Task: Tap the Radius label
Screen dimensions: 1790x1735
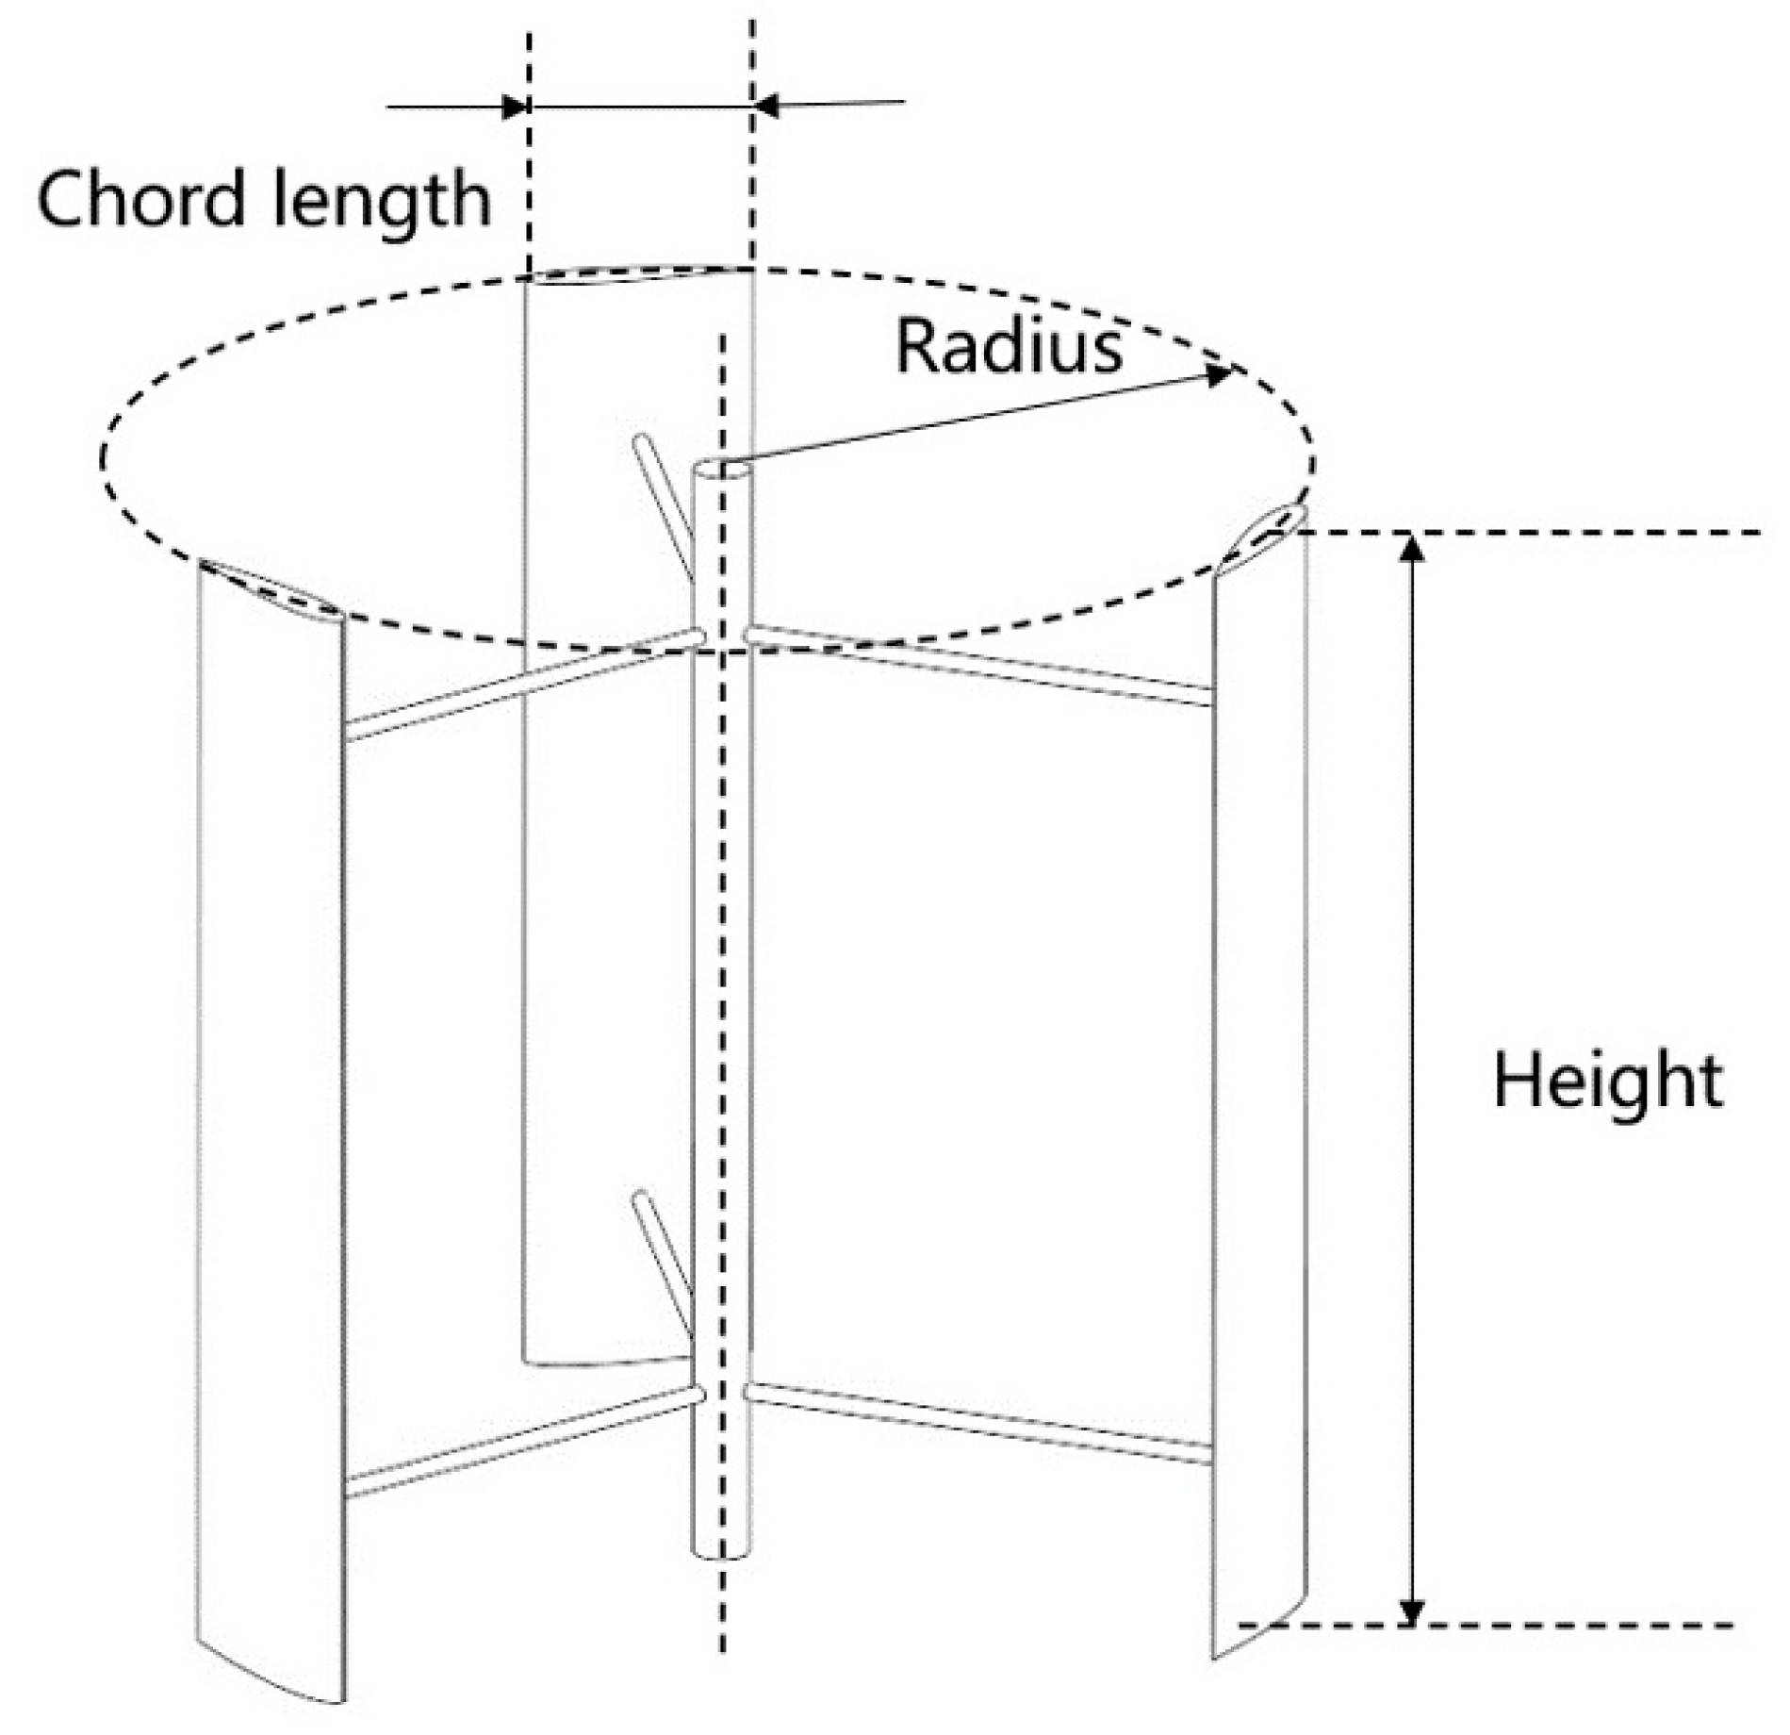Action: point(1008,347)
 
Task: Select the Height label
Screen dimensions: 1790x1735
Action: point(1607,1082)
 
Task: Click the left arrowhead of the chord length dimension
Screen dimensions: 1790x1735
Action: point(515,107)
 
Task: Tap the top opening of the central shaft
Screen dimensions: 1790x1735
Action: point(722,469)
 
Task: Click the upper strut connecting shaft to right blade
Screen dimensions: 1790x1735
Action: point(980,665)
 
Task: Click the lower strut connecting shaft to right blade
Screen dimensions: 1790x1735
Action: point(980,1423)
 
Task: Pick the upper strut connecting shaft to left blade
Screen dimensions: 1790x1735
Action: point(523,686)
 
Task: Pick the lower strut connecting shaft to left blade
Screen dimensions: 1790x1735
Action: point(523,1442)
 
